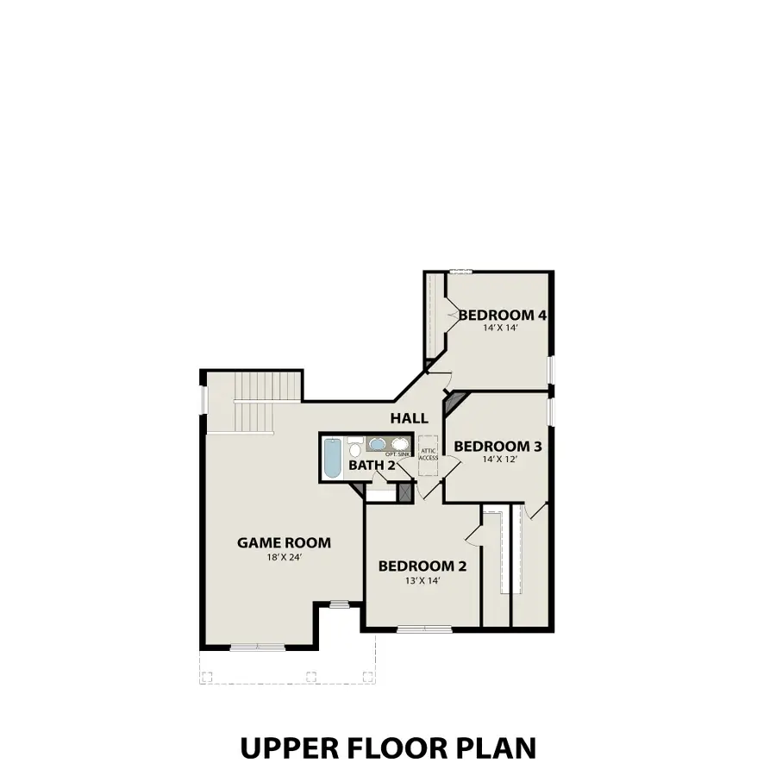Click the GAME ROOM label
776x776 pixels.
click(284, 542)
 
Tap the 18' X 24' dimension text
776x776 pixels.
click(284, 558)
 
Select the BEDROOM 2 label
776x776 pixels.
click(422, 566)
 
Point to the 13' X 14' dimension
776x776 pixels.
click(422, 581)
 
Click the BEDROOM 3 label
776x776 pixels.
click(498, 446)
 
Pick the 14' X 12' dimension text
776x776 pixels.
click(498, 460)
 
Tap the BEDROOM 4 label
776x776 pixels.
click(503, 316)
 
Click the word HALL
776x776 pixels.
click(409, 418)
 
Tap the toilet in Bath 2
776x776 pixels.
click(355, 449)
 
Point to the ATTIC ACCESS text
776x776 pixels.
click(429, 454)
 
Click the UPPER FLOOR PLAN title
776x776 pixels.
click(388, 747)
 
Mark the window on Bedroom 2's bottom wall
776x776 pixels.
click(422, 629)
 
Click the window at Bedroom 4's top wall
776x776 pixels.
click(460, 272)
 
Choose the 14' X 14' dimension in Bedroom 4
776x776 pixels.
click(503, 329)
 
